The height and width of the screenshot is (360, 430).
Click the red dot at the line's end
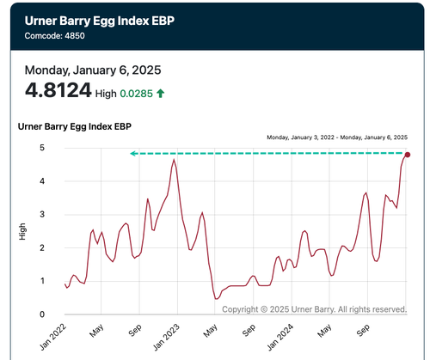click(x=408, y=155)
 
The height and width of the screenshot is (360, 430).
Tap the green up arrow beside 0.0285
click(x=160, y=94)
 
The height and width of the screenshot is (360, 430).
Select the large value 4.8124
click(x=58, y=90)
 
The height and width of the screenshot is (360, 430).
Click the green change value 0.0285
click(x=136, y=94)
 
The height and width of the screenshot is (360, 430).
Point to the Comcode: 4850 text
click(x=54, y=36)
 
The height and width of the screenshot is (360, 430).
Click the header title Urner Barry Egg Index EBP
click(x=100, y=21)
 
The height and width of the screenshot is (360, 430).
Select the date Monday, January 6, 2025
click(x=93, y=70)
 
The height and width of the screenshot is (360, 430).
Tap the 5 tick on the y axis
click(x=42, y=148)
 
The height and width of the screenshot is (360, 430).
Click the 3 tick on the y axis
click(x=42, y=215)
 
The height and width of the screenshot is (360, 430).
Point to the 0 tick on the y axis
click(x=42, y=314)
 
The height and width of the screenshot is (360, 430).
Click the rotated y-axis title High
click(x=22, y=231)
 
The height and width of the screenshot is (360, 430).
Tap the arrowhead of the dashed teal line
click(x=132, y=154)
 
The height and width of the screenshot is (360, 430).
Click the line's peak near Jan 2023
click(x=174, y=159)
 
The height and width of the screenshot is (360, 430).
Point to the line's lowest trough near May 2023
click(x=216, y=299)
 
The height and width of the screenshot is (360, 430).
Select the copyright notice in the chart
click(x=315, y=309)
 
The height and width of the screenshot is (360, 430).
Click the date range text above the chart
click(x=337, y=137)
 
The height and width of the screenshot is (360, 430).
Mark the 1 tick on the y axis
click(x=42, y=281)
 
